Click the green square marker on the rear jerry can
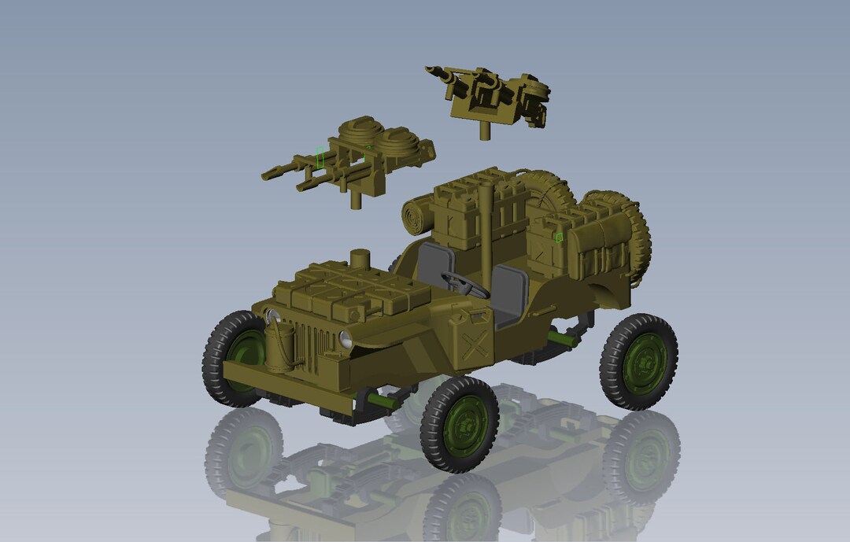558,237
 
